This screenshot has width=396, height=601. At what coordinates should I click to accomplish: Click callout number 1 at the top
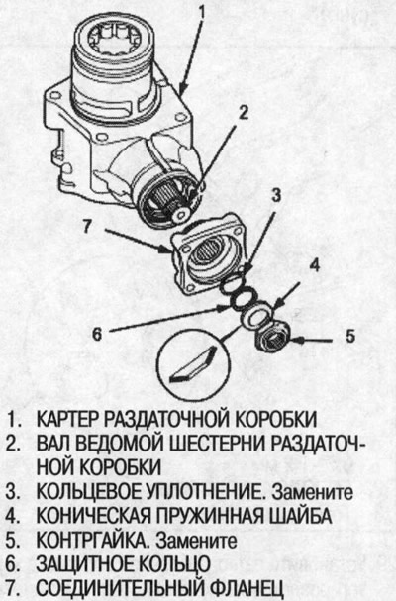(x=200, y=15)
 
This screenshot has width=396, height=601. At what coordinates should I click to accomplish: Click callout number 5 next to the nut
(x=349, y=337)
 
